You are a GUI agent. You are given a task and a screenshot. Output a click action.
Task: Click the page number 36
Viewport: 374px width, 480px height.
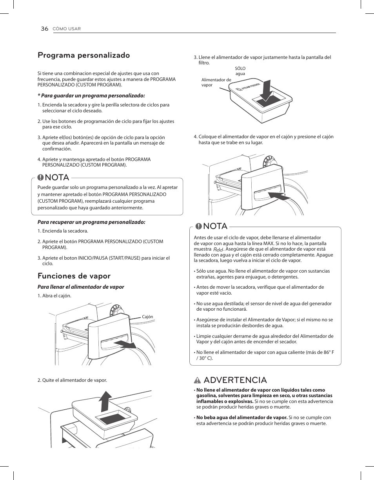(44, 29)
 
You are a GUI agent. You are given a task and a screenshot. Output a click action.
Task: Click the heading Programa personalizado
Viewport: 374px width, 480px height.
(84, 55)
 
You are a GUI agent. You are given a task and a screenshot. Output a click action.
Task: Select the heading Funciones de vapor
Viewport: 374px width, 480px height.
(74, 276)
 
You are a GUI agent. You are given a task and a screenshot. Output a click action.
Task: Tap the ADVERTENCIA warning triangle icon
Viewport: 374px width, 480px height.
(197, 380)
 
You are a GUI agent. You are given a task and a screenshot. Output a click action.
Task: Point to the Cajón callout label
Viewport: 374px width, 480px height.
(147, 317)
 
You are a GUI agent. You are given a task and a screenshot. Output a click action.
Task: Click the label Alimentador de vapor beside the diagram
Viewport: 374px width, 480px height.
(216, 82)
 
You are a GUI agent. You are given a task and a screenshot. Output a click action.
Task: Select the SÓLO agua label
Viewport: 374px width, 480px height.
(240, 71)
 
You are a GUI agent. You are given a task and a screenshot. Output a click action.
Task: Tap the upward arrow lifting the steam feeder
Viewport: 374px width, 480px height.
(105, 399)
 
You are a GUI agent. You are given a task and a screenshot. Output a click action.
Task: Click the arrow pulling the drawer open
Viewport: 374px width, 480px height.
(126, 344)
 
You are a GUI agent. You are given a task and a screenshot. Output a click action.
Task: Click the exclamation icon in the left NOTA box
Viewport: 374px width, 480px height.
(40, 178)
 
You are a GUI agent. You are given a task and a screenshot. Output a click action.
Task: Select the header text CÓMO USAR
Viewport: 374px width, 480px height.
(67, 29)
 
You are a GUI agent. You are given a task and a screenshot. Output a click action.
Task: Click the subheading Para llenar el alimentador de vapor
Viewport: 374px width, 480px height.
(81, 287)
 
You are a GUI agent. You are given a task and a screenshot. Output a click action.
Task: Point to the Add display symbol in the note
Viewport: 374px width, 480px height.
(218, 249)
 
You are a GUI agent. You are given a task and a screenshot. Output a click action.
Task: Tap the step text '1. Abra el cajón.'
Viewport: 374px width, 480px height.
(54, 296)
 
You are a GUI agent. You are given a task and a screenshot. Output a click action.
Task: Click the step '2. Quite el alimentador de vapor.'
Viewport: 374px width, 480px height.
(72, 380)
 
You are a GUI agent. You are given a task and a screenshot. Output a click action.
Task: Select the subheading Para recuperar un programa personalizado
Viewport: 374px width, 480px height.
(91, 222)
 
